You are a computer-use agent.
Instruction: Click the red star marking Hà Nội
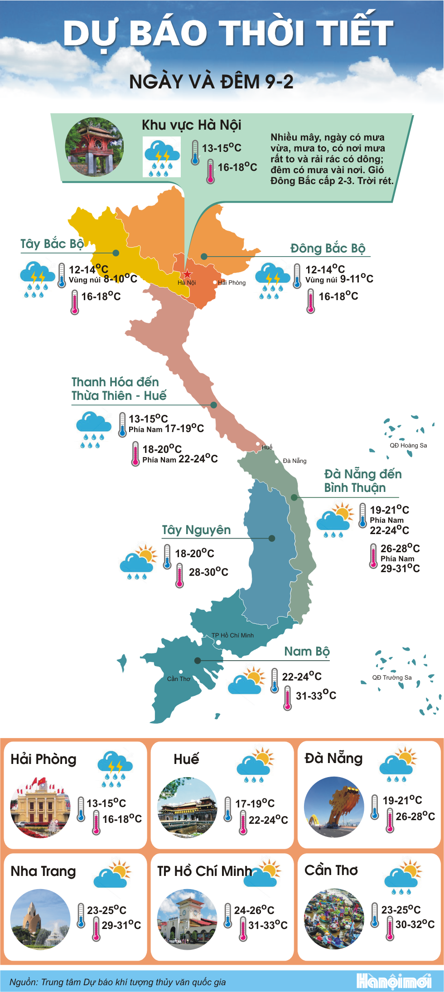[187, 274]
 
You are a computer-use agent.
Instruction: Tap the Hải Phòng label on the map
[232, 282]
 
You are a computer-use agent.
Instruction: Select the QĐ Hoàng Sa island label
[408, 445]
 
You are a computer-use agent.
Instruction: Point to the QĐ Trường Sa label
[392, 677]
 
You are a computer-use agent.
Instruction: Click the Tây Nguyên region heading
[196, 530]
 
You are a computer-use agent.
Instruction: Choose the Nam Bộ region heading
[307, 652]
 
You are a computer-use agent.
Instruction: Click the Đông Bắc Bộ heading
[328, 248]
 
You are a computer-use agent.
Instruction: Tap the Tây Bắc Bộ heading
[52, 244]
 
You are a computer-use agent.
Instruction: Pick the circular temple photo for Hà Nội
[94, 147]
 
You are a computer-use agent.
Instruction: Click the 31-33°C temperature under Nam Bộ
[316, 695]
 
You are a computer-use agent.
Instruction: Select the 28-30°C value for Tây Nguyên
[208, 572]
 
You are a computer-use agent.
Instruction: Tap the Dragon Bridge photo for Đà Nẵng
[334, 807]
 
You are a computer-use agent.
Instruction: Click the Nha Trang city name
[43, 871]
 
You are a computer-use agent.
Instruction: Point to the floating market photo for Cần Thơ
[334, 919]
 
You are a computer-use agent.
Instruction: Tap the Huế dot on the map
[258, 444]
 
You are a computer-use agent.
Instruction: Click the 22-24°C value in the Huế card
[268, 820]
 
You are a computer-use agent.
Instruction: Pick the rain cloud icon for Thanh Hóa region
[93, 429]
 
